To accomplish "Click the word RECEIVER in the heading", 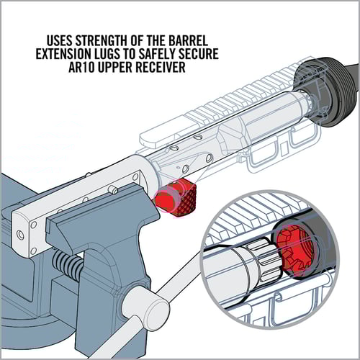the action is coord(161,68).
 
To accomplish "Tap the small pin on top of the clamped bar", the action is coord(112,189).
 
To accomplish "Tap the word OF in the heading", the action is coord(137,41).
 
